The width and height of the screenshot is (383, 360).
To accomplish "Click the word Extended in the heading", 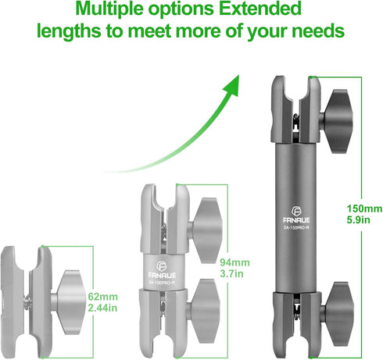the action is point(260,9).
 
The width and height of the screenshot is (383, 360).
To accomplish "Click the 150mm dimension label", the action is point(364,209).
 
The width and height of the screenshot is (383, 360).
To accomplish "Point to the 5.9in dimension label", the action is point(358,220).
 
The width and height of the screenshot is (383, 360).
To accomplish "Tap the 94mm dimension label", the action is point(234,262).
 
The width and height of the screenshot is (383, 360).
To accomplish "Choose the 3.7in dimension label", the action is point(231,274).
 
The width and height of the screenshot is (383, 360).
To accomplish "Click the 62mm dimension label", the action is point(102,297).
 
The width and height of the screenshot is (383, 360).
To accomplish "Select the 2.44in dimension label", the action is point(102,308).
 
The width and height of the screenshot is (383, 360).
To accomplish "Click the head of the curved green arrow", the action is point(230,85).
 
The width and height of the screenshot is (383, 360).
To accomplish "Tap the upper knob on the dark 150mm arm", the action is point(338,121).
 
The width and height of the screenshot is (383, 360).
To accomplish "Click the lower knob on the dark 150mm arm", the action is point(338,312).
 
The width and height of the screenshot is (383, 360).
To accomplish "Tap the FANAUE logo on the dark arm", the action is point(296,216).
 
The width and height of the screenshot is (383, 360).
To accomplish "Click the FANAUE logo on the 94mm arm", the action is point(162,270).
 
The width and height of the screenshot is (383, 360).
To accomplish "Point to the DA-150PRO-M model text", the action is point(296,228).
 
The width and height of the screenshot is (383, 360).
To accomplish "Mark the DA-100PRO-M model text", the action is point(162,283).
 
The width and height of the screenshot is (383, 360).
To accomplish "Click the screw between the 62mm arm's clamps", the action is point(27,302).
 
